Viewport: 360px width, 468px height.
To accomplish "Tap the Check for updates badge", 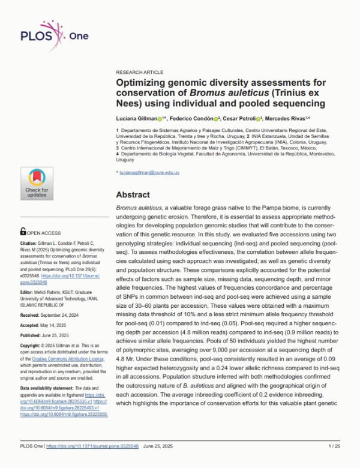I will point(37,183).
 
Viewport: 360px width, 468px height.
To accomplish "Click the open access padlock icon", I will point(23,230).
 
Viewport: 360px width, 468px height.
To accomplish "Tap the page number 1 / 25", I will point(334,463).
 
